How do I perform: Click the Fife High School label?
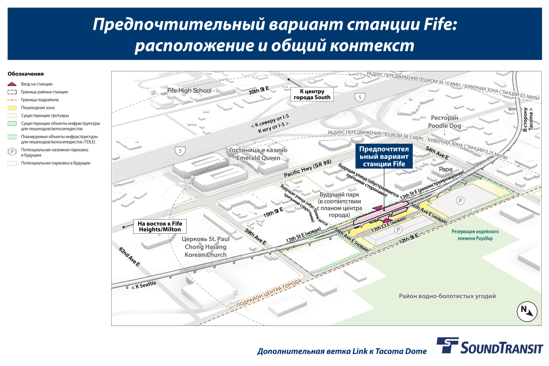[x=189, y=91]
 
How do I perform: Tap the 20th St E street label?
[x=259, y=90]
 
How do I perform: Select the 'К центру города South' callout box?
[x=312, y=94]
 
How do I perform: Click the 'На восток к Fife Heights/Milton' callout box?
[x=160, y=226]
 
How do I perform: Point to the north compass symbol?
[x=527, y=312]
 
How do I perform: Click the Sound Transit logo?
[x=490, y=346]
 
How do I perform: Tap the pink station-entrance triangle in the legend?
[x=12, y=84]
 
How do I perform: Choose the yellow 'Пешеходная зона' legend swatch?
[x=12, y=108]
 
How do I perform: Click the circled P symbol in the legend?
[x=12, y=152]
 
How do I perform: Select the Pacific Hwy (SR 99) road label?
[x=307, y=168]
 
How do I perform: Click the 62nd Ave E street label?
[x=129, y=257]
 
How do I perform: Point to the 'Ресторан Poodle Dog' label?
[x=445, y=122]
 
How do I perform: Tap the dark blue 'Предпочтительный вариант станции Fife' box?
[x=384, y=156]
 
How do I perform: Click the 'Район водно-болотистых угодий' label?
[x=447, y=296]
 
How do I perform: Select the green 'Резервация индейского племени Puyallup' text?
[x=475, y=235]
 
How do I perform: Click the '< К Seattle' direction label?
[x=144, y=285]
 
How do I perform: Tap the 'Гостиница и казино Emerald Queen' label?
[x=258, y=154]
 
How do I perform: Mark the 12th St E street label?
[x=409, y=238]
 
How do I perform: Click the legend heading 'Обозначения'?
[x=26, y=74]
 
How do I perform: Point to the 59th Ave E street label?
[x=255, y=237]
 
